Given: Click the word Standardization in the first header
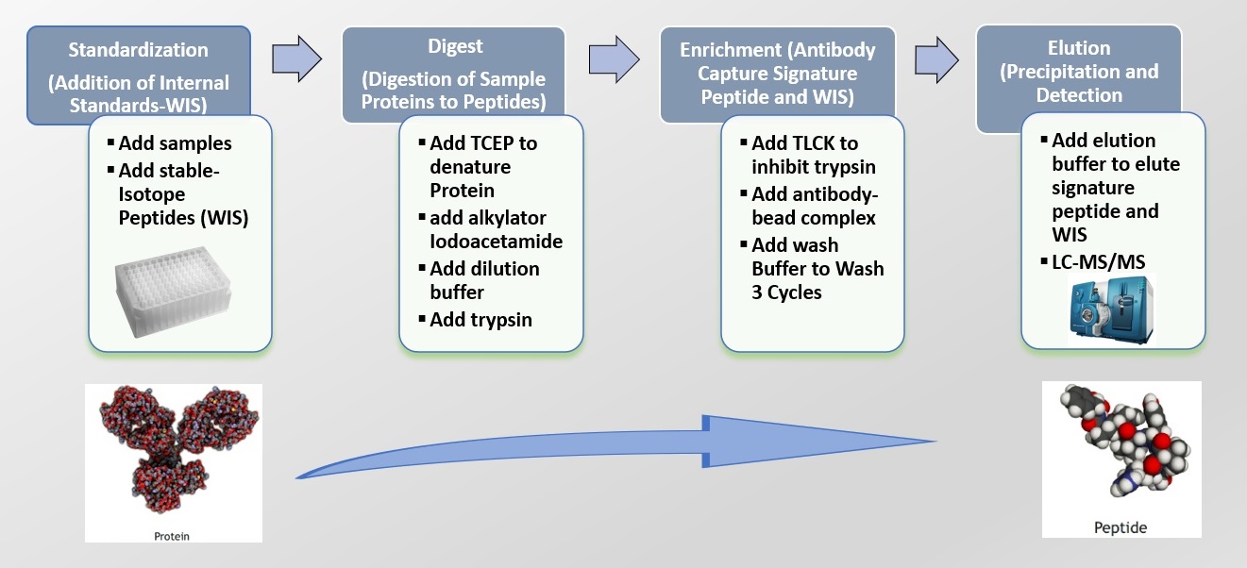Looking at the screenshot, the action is pos(138,50).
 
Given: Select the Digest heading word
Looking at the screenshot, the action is pos(455,47).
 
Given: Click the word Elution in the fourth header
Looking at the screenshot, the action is pos(1079,48).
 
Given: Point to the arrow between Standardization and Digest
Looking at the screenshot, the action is pos(296,58).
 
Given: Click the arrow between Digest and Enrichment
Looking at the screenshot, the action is pos(614,59).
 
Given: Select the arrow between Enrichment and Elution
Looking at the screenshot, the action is pos(937,60).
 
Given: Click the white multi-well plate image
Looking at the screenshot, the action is pos(173,291).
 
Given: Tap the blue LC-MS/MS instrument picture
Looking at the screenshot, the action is pos(1112,309).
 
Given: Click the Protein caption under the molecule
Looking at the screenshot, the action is pos(172,536).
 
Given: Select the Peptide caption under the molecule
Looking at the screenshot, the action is pos(1121,527).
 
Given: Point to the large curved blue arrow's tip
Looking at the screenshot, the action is pos(935,442).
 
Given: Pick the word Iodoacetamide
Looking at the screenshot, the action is pos(496,242).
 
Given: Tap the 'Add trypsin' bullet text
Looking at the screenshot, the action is pos(480,320).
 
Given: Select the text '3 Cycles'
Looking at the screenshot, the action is pos(786,292).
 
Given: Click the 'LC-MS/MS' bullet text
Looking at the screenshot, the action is pos(1099,262).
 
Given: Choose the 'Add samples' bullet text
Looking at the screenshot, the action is pos(175,143).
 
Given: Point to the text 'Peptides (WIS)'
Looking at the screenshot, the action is pos(183,218).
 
